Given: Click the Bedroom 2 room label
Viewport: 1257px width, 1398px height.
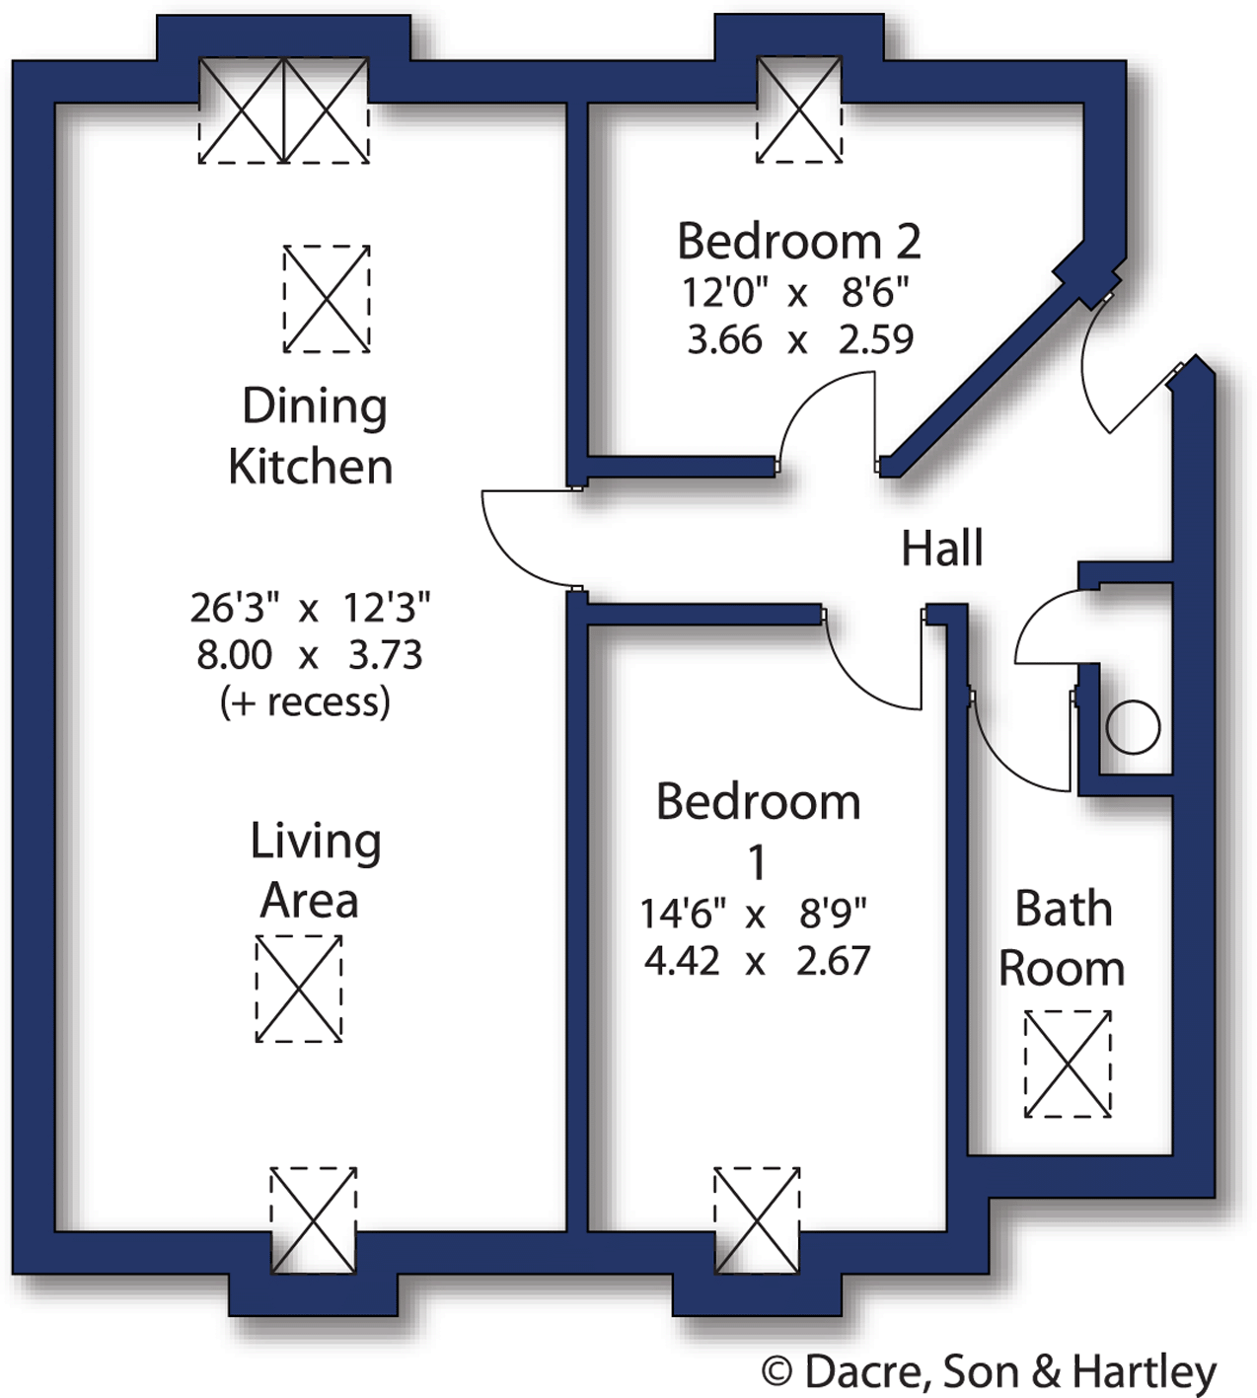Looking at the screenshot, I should (798, 242).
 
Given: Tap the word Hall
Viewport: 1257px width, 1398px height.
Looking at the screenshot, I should (942, 549).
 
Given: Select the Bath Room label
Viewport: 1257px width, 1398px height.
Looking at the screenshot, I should (1063, 938).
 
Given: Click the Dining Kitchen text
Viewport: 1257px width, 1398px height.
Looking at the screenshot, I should (312, 436).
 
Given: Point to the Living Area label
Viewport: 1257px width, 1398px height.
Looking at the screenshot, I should (314, 870).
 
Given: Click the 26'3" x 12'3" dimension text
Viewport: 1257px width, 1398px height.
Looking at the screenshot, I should (310, 609).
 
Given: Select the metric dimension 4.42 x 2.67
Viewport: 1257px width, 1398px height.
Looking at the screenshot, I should (757, 961).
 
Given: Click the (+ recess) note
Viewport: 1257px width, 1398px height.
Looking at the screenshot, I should (305, 702).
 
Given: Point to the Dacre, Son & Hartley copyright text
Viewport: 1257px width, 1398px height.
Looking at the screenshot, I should (989, 1371).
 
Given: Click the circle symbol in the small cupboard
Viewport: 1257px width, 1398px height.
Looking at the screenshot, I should (1132, 728).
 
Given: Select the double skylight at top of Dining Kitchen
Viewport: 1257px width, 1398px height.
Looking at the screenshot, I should (284, 110).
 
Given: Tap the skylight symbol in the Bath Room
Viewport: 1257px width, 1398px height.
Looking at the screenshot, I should (1068, 1064).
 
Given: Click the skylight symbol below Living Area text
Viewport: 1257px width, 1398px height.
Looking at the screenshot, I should (299, 989).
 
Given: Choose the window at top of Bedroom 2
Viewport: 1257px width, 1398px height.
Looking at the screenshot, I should (799, 109).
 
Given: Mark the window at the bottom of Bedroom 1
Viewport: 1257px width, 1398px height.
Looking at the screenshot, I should (757, 1220).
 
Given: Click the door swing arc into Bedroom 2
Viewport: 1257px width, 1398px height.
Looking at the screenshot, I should (824, 414).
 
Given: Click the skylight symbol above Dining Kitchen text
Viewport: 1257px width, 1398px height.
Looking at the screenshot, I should (327, 299).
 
